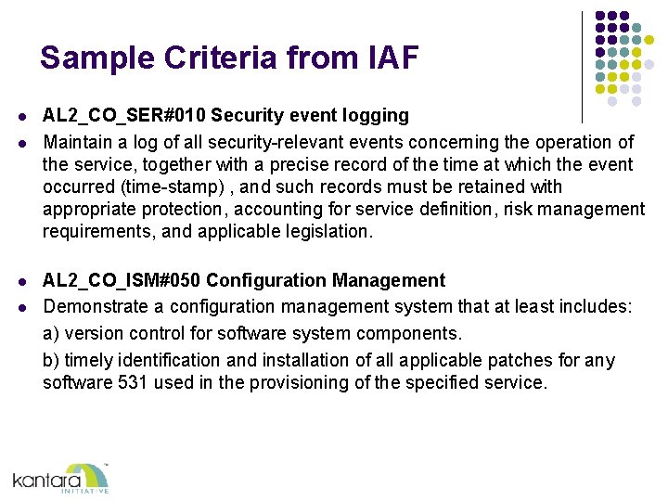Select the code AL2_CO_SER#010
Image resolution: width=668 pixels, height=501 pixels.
point(123,116)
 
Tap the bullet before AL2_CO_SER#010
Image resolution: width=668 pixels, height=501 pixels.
point(20,117)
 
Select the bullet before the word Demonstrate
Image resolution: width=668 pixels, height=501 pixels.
point(20,308)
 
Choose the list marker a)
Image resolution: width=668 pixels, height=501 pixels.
point(51,333)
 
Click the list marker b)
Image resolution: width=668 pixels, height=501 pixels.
point(52,360)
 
